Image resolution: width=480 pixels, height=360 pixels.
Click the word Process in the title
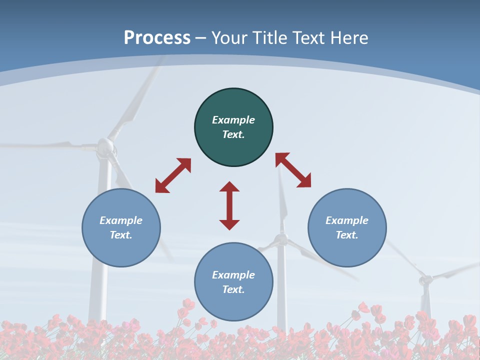157,38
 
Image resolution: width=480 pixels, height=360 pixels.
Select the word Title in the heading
268,38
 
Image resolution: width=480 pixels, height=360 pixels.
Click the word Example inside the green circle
233,120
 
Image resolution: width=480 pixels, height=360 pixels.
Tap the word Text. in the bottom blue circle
233,289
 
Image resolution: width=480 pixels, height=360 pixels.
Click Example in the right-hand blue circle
347,220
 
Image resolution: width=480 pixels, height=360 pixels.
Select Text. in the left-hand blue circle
121,235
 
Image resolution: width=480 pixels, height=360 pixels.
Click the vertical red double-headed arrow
229,205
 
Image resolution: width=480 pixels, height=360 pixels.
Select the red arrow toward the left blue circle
173,175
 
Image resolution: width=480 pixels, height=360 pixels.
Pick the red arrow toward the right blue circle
293,170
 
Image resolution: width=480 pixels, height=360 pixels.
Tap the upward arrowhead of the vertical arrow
229,186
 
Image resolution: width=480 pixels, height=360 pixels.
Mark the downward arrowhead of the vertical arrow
229,224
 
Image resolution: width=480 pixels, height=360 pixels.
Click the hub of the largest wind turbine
105,146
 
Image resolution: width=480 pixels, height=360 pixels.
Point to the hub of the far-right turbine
425,279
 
